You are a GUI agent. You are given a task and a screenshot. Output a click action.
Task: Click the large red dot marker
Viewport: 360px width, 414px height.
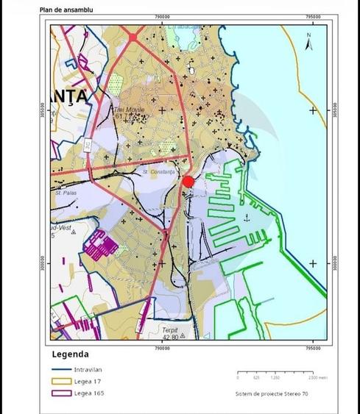(188, 182)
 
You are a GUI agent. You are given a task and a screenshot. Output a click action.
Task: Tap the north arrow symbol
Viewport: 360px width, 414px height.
(310, 40)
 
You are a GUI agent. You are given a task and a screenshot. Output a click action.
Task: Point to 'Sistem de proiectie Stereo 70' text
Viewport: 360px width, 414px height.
(276, 393)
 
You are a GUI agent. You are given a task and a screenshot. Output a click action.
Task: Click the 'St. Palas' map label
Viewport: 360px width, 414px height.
(66, 193)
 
